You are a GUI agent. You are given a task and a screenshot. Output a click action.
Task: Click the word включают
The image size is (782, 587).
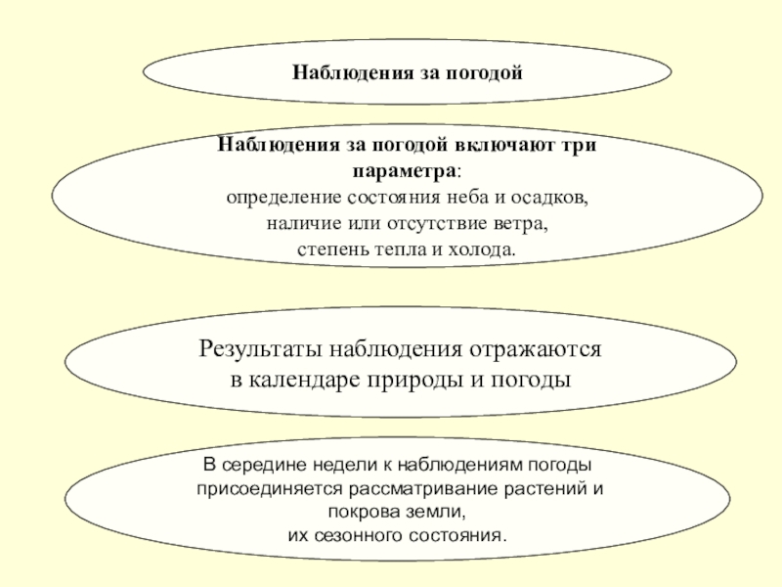(x=504, y=145)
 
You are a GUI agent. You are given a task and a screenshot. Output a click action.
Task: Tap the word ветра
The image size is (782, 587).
(x=526, y=223)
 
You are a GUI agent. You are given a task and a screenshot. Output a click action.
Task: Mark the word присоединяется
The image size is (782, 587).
(x=261, y=488)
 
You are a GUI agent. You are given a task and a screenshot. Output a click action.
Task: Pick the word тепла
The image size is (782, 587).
(x=399, y=249)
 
